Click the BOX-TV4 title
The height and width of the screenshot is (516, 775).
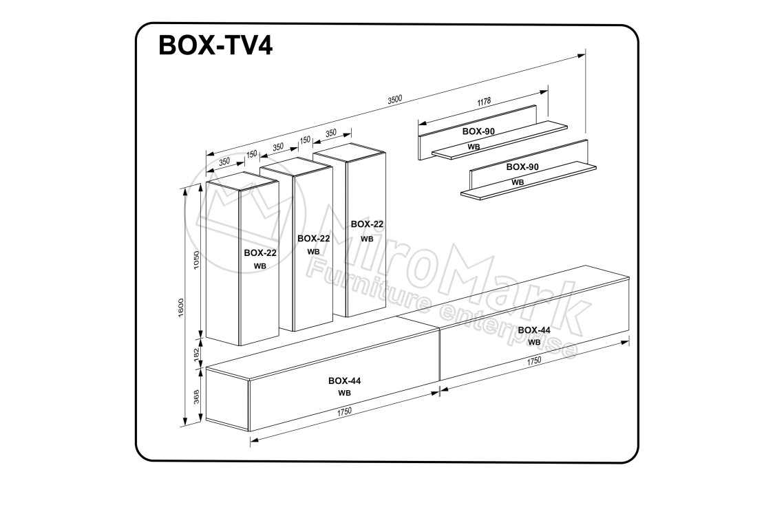point(215,45)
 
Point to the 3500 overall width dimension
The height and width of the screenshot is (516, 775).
point(395,99)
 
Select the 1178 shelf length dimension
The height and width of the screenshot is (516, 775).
point(484,102)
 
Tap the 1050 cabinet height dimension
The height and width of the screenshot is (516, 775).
point(196,261)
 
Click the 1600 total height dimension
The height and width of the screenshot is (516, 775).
point(181,308)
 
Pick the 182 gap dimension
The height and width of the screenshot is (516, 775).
point(195,354)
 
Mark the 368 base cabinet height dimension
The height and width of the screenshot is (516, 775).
point(196,397)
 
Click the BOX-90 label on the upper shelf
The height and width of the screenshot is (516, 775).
point(478,131)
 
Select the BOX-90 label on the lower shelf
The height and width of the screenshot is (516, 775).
point(522,167)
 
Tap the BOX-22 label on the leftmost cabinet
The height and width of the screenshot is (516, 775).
point(260,252)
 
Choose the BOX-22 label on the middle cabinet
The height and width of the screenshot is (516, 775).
point(314,238)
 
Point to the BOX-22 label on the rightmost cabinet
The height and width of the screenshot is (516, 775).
point(368,224)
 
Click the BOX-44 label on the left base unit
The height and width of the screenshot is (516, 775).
point(345,380)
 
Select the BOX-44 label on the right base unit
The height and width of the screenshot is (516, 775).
point(534,330)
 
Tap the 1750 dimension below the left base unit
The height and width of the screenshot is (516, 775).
point(344,411)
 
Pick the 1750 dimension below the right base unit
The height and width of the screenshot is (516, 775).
point(534,361)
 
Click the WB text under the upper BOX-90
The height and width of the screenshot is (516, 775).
point(474,147)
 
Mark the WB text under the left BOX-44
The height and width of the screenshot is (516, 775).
point(345,393)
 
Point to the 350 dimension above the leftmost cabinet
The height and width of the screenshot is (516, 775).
point(224,161)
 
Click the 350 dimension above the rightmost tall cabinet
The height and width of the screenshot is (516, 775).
point(330,133)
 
